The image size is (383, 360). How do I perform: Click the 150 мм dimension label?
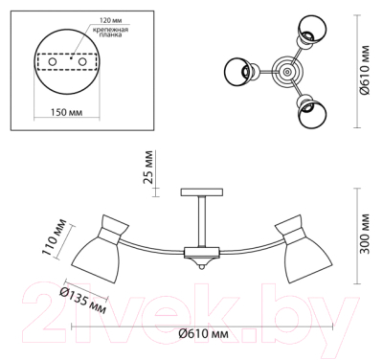(66, 112)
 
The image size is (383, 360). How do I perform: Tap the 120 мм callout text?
(110, 20)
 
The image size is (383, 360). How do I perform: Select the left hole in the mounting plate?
(53, 61)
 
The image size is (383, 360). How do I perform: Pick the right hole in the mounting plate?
(83, 61)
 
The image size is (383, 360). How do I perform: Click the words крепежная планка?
(110, 33)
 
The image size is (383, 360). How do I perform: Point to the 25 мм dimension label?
(147, 167)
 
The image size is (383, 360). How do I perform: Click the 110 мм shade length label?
(55, 237)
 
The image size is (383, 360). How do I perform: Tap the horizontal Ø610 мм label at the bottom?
(203, 334)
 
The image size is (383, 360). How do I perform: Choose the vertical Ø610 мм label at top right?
(364, 70)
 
